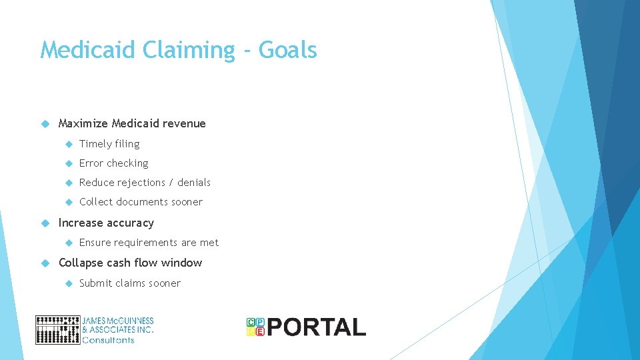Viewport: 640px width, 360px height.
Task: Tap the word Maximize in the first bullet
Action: coord(83,123)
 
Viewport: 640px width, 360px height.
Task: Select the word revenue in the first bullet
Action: coord(187,123)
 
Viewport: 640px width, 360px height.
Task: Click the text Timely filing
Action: coord(109,144)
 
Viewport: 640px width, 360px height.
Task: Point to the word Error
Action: coord(91,163)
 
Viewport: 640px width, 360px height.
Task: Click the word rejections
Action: coord(141,183)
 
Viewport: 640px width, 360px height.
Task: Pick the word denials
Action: coord(194,183)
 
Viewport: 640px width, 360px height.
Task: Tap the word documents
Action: coord(140,202)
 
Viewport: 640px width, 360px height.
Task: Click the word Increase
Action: coord(79,223)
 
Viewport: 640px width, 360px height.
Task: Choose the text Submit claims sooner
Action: coord(130,283)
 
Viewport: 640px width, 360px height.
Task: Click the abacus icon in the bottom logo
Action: coord(57,330)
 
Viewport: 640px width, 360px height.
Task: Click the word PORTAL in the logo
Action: coord(317,327)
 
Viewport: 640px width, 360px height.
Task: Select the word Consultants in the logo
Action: coord(108,340)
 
